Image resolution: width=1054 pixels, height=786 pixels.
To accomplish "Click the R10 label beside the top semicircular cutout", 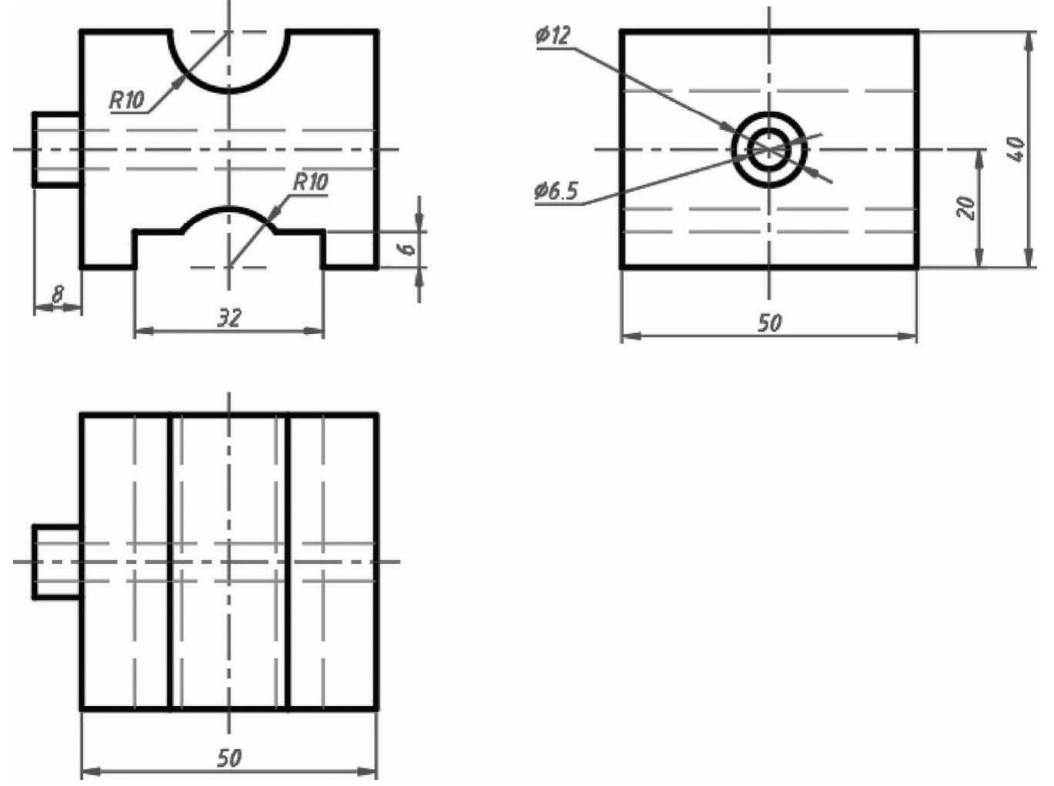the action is [x=126, y=101].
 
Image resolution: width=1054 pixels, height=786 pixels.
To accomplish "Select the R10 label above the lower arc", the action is [x=311, y=182].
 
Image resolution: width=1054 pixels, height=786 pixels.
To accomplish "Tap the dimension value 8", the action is [x=58, y=294].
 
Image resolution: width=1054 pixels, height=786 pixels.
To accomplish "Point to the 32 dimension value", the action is [x=230, y=318].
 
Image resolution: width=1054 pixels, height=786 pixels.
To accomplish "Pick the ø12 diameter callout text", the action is [x=552, y=35].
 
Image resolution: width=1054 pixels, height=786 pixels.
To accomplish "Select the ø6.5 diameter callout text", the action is [x=556, y=191].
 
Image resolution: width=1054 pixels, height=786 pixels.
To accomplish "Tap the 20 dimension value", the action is [x=966, y=208].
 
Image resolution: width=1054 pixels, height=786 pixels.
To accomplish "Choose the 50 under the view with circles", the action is [x=769, y=323].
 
